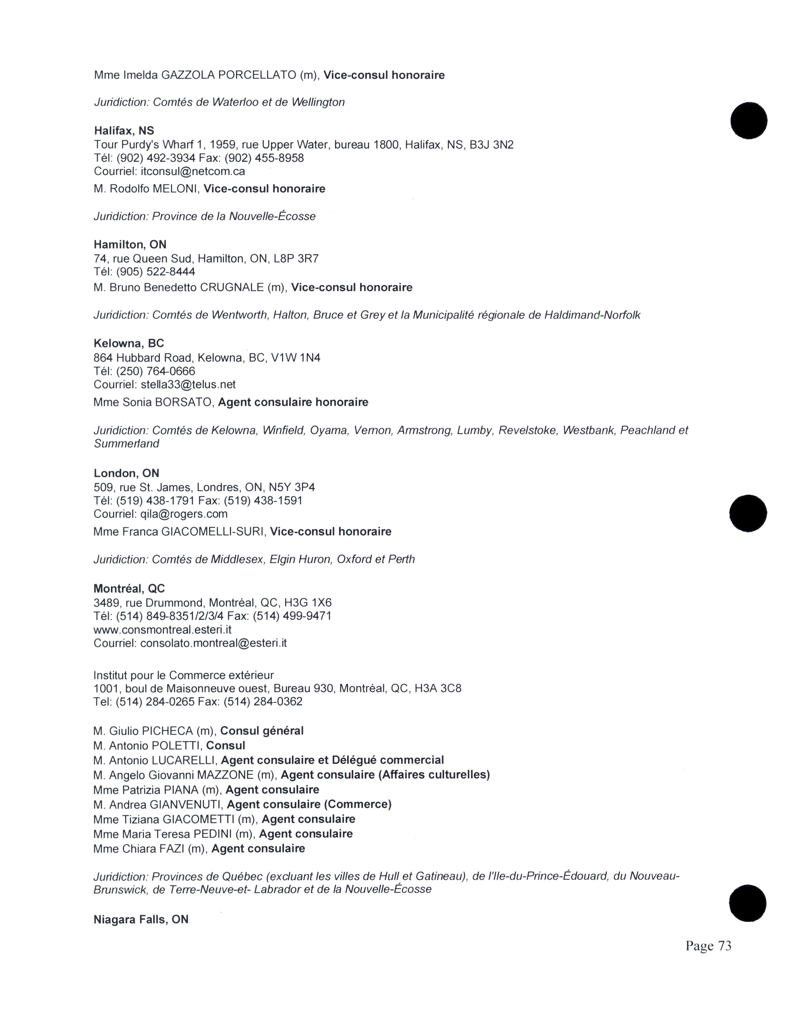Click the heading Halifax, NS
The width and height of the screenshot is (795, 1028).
[x=124, y=131]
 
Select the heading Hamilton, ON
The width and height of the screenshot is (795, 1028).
[x=130, y=244]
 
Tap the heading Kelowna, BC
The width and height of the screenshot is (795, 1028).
[x=128, y=343]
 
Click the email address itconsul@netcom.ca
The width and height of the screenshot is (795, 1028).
[x=193, y=171]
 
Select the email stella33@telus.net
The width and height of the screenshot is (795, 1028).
[x=188, y=384]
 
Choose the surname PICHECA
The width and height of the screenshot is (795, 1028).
[x=167, y=731]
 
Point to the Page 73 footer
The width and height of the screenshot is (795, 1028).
[x=708, y=946]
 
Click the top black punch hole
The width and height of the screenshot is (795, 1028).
[x=748, y=121]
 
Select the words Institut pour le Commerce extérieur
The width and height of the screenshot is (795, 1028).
[x=184, y=675]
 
